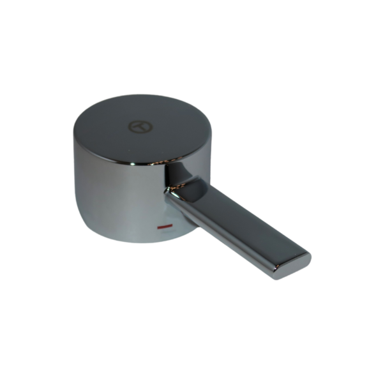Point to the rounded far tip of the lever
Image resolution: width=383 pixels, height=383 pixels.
click(306, 260)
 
